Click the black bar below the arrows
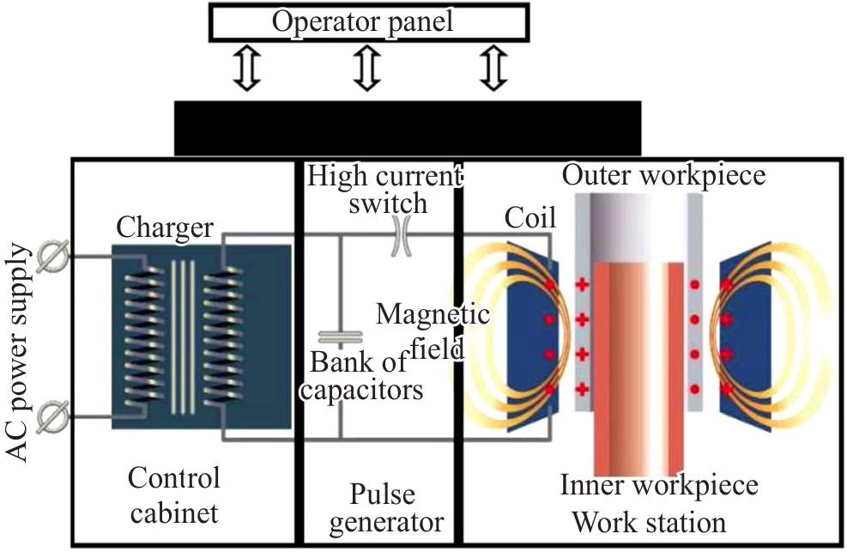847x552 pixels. coord(408,127)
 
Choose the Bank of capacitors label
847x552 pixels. coord(366,376)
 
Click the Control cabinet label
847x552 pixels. coord(173,495)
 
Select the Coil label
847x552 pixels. coord(529,218)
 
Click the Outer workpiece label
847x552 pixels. coord(662,175)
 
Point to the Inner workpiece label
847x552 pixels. coord(659,486)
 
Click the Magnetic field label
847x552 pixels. coord(433,330)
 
